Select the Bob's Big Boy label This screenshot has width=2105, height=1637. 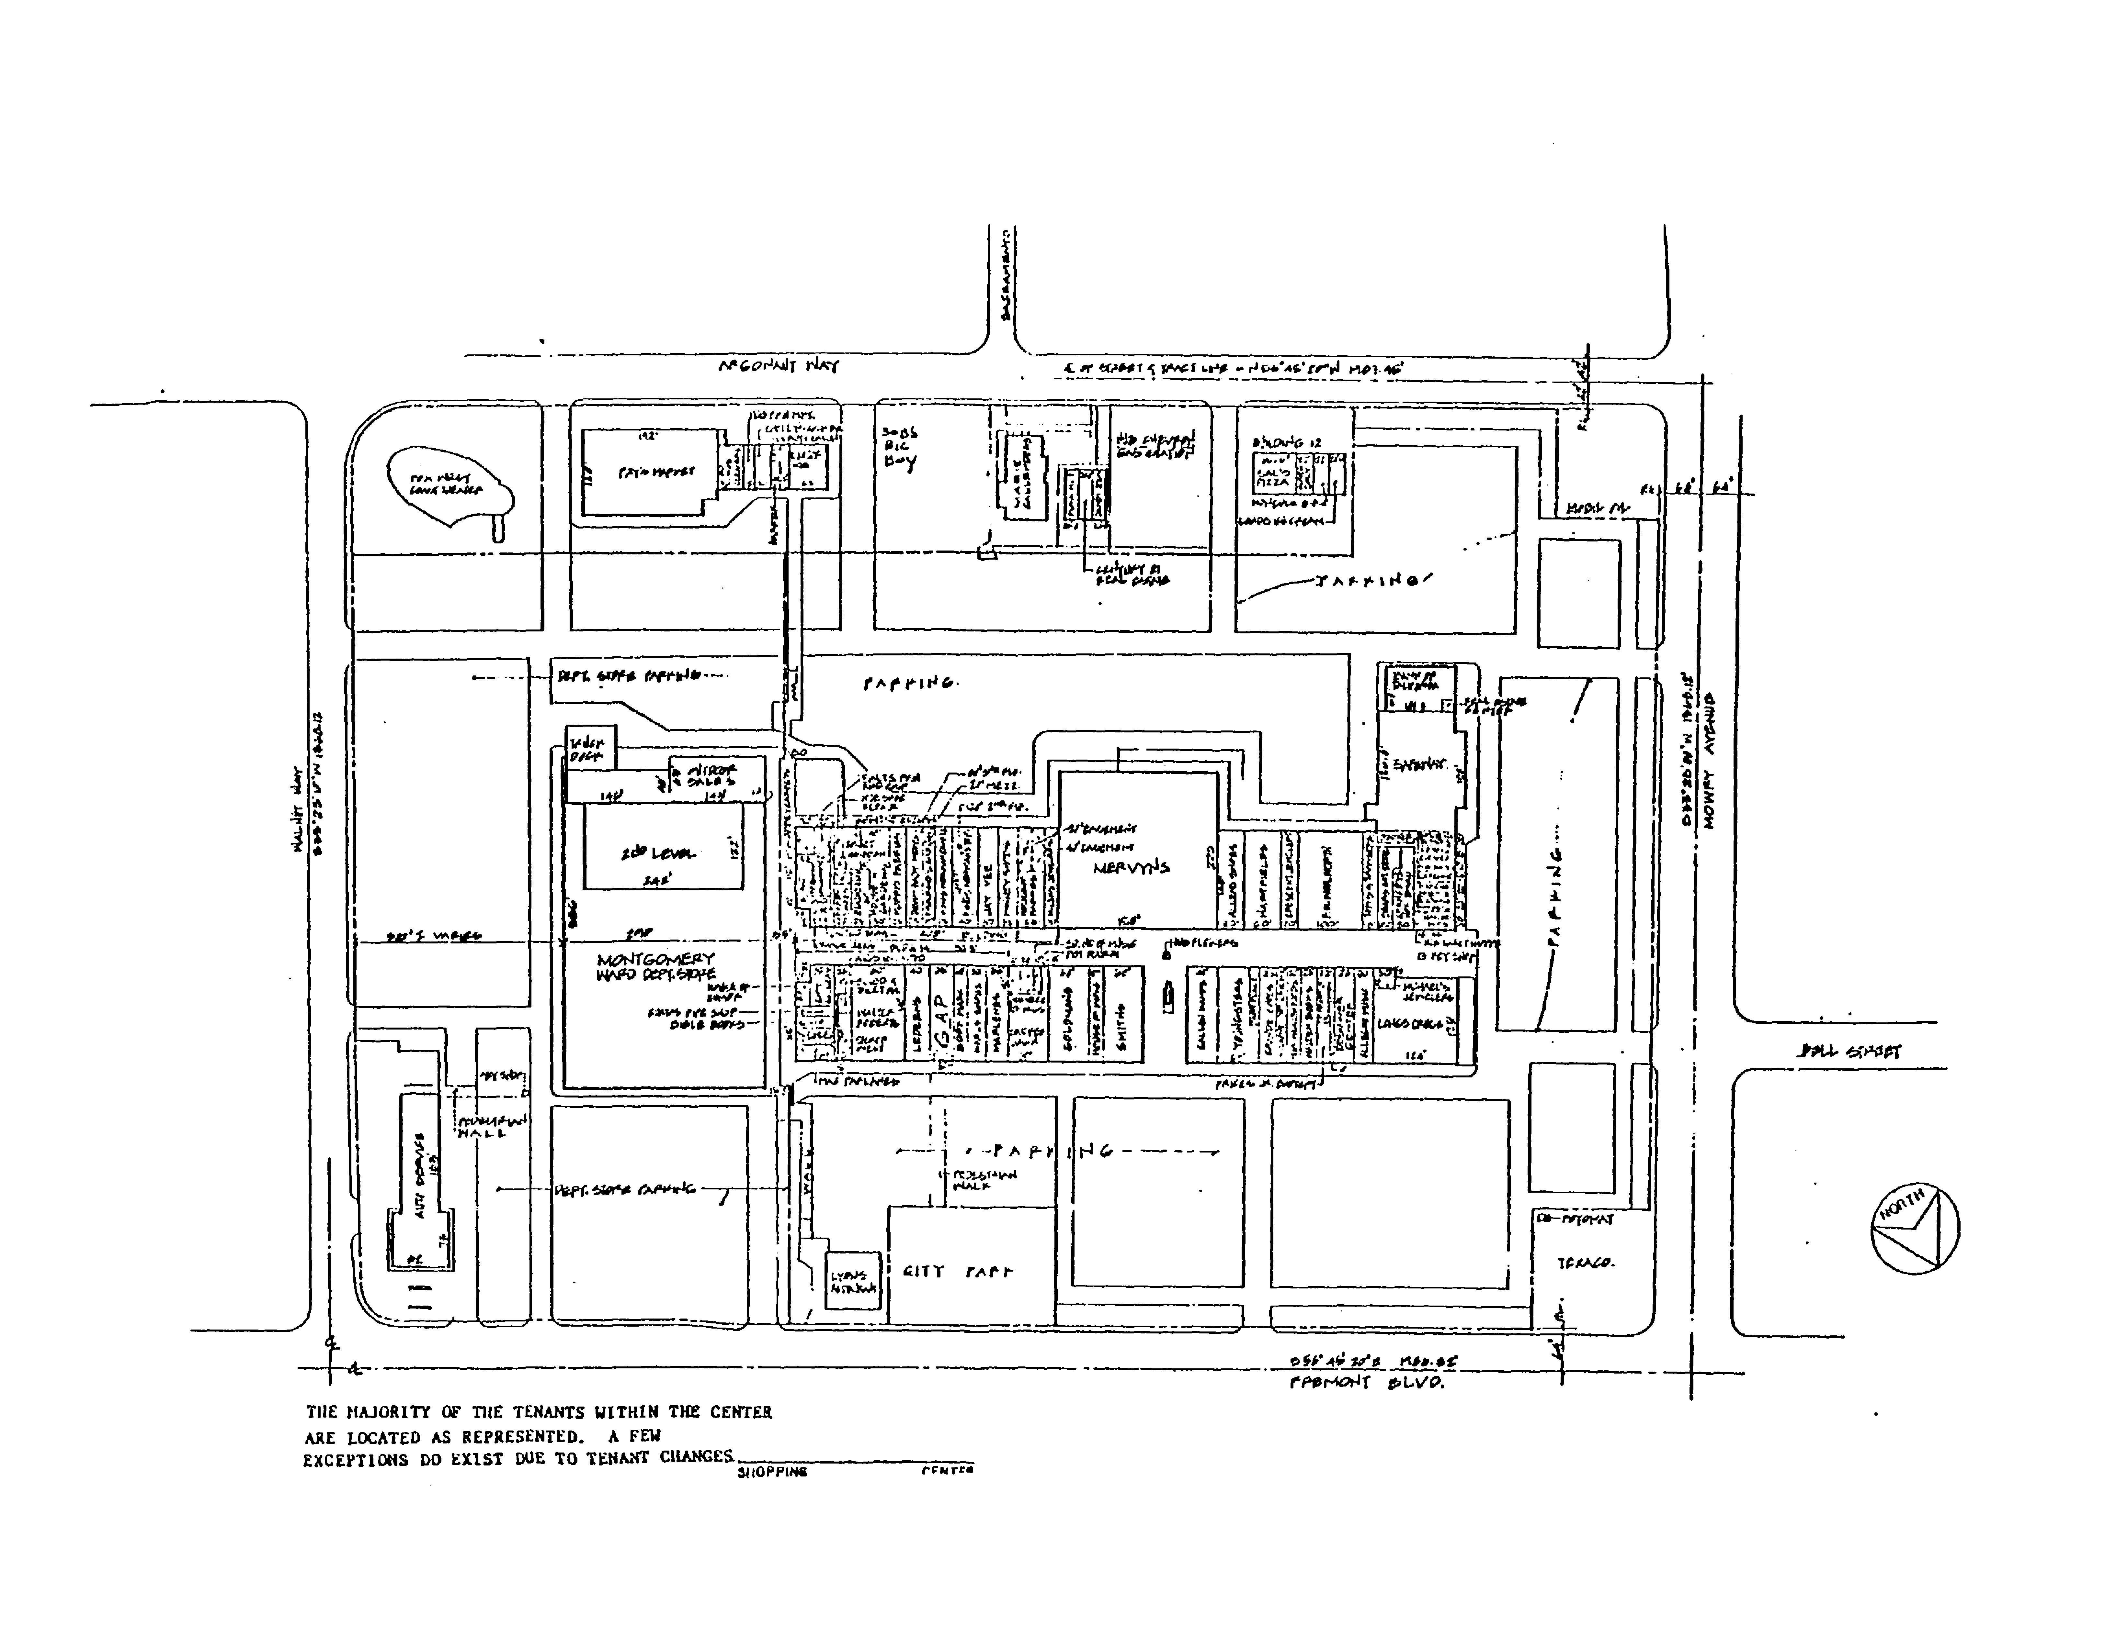(899, 446)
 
